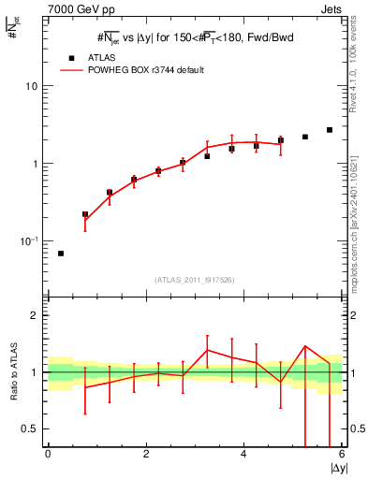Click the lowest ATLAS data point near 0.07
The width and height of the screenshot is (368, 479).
[61, 254]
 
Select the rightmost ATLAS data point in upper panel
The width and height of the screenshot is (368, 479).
[330, 130]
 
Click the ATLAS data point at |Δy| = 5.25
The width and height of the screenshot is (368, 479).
[305, 137]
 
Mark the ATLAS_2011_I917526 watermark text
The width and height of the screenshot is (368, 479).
[194, 280]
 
